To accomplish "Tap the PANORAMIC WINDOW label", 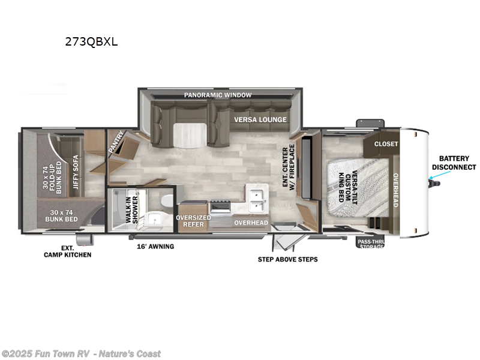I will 218,95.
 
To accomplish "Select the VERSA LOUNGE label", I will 260,119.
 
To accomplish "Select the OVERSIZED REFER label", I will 193,221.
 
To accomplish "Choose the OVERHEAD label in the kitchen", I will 251,223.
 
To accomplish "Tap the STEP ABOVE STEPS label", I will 287,259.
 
